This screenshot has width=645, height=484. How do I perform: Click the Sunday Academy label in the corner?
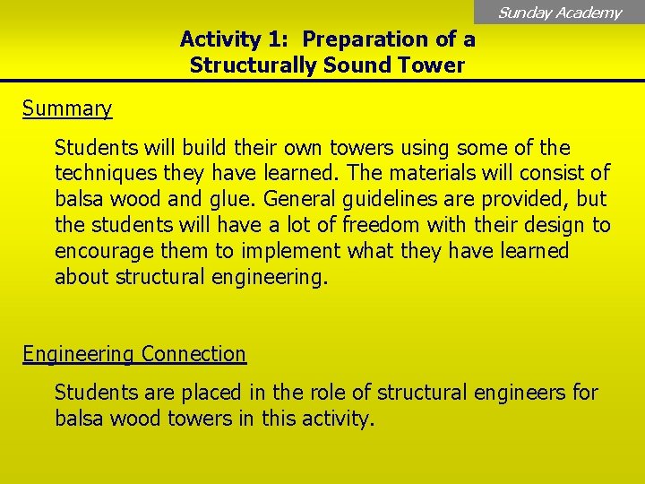pyautogui.click(x=559, y=13)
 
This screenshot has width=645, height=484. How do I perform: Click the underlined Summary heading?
pyautogui.click(x=67, y=108)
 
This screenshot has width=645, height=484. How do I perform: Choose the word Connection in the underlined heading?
pyautogui.click(x=193, y=354)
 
